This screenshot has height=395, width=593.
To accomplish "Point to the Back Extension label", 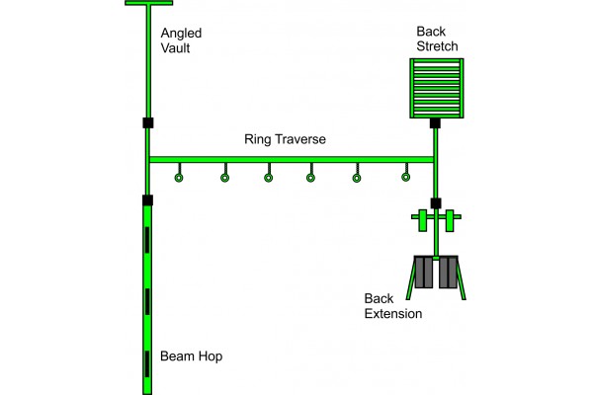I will point(392,305).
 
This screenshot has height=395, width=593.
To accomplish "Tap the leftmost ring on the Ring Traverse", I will point(179,179).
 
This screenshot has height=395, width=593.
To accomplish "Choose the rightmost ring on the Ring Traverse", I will point(405,179).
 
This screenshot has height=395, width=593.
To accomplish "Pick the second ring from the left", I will point(224,179).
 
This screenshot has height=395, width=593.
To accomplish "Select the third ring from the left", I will point(268,179).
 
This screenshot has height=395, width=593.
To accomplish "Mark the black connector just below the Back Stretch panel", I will point(434,123).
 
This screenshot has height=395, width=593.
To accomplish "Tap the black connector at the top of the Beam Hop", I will point(147,200).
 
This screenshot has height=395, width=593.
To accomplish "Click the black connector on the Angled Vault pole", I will point(147,123).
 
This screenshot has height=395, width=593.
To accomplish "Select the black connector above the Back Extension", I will point(435,203).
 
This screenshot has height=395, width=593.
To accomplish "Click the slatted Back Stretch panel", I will point(436,88).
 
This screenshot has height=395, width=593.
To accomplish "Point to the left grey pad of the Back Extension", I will point(425,273).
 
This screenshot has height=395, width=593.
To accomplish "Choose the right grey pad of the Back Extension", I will point(448,273).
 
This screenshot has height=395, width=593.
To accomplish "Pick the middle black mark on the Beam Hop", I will point(147,296).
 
